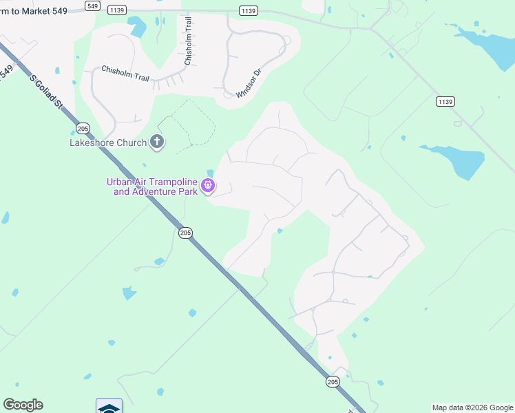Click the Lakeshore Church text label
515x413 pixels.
109,142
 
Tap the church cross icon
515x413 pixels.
158,142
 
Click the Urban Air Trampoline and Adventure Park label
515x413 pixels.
151,187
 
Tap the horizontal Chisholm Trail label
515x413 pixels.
125,74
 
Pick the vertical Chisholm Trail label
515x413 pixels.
187,41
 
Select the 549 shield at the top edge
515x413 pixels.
92,6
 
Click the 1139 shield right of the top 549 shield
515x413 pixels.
116,11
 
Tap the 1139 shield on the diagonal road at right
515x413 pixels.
445,102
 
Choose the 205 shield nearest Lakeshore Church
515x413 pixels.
83,129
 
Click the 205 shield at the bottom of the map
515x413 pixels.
333,381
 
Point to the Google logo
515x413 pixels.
23,405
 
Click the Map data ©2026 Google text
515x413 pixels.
472,407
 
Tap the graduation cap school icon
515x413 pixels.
109,407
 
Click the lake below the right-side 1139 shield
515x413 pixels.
454,160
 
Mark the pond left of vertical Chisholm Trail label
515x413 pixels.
138,27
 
